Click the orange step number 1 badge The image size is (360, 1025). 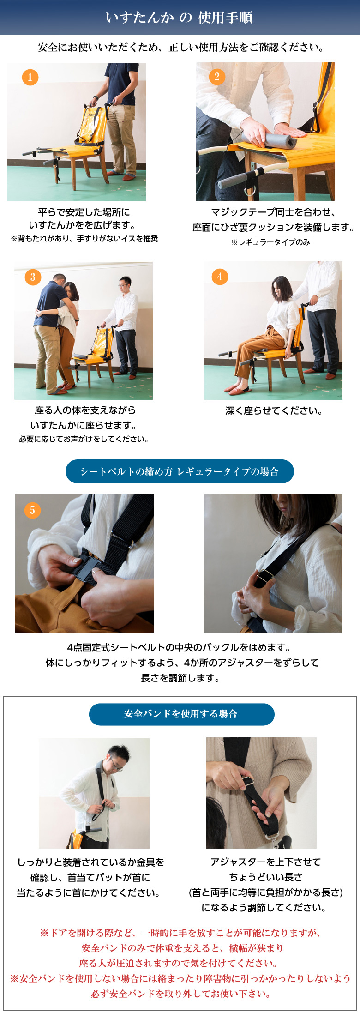tap(30, 77)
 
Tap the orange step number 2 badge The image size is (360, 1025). tap(217, 77)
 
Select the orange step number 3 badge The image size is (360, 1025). tap(33, 277)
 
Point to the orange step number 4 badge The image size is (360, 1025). tap(220, 277)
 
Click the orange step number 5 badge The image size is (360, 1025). tap(32, 510)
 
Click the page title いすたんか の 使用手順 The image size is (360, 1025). tap(180, 18)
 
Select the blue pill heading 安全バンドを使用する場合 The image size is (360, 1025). tap(181, 714)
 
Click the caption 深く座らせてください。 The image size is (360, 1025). tap(274, 410)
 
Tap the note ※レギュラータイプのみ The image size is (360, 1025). tap(270, 242)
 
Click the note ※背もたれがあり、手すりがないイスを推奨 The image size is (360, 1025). tap(84, 239)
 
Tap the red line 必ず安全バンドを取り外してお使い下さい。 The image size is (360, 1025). tap(180, 993)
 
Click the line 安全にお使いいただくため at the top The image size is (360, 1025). tap(181, 47)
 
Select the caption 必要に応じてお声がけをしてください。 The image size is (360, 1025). tap(84, 439)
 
